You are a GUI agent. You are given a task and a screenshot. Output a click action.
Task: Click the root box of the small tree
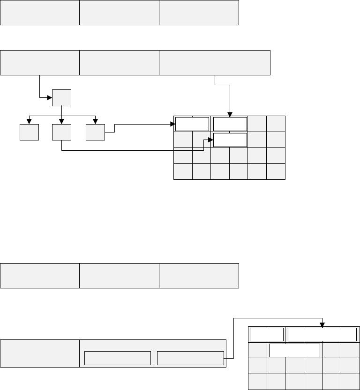coord(61,98)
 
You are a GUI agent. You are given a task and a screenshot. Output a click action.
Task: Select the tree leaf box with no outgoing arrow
coord(29,132)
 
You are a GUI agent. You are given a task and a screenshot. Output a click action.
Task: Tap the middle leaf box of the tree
coord(61,132)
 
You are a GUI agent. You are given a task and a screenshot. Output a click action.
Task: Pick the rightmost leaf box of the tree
coord(95,132)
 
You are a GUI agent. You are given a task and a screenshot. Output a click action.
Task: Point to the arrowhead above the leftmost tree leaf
coord(29,121)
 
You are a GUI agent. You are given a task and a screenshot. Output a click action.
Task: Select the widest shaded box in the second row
coord(215,62)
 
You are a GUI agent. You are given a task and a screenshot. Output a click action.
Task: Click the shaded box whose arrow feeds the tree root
coord(40,62)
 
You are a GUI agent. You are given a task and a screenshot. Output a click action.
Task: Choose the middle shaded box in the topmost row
coord(119,13)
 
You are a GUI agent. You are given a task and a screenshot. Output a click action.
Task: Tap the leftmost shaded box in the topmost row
coord(40,13)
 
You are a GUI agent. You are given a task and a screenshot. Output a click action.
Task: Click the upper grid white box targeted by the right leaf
coord(192,124)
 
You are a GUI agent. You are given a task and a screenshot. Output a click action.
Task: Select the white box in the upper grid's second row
coord(230,140)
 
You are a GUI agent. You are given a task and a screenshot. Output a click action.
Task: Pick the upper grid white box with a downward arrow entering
coord(230,124)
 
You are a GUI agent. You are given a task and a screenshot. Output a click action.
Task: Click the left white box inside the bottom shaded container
coord(117,358)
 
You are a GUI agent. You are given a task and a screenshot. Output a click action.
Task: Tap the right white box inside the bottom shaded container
coord(190,358)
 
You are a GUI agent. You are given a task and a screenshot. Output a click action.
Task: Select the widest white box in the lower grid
coord(322,335)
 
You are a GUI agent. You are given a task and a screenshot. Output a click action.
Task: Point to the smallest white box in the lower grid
coord(267,335)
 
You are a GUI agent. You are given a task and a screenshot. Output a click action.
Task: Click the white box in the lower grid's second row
coord(294,351)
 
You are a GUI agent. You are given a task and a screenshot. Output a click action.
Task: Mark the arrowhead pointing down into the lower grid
coord(322,324)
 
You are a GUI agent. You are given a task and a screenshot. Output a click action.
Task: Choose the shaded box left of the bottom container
coord(40,353)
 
